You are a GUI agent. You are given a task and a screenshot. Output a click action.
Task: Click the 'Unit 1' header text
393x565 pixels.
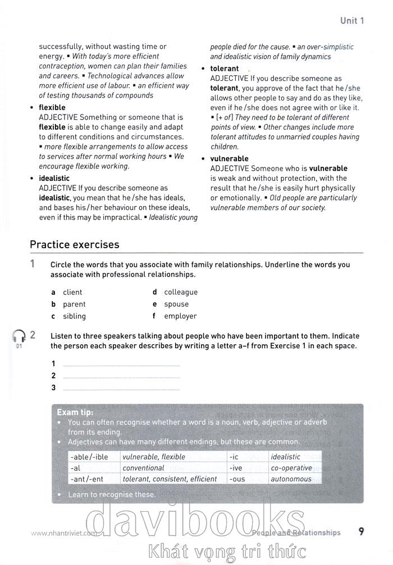click(x=352, y=21)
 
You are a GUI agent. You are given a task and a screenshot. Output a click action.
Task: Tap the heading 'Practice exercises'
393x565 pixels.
click(x=74, y=244)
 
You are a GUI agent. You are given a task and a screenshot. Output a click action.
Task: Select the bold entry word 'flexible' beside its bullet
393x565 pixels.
click(x=52, y=107)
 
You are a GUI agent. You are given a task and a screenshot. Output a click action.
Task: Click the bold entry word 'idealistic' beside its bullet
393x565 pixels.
click(x=54, y=179)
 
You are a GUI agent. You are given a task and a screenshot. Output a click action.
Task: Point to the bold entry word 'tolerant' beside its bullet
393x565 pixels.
click(x=225, y=69)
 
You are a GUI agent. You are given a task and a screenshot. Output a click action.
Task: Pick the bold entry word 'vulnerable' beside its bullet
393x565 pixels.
click(x=229, y=159)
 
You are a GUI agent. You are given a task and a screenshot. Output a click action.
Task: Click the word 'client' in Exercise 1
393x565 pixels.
click(x=72, y=292)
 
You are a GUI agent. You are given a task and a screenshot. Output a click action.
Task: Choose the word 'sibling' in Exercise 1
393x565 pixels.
click(x=74, y=316)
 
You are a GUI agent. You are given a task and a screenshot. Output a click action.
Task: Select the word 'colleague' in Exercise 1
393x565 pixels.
click(x=181, y=292)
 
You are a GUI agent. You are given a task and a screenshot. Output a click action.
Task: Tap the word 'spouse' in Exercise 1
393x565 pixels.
click(x=176, y=304)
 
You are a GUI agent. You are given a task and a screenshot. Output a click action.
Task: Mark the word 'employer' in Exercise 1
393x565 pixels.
click(x=180, y=316)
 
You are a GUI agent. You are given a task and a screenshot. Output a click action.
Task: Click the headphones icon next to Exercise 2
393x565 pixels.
click(x=19, y=336)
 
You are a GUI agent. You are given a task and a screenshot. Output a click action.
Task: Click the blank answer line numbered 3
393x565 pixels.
click(x=121, y=388)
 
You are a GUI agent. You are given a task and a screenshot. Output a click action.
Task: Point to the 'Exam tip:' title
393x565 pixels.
click(x=76, y=412)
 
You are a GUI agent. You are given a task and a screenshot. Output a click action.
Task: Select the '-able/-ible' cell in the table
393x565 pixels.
click(x=89, y=457)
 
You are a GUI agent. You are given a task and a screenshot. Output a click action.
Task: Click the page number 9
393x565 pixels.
click(x=361, y=531)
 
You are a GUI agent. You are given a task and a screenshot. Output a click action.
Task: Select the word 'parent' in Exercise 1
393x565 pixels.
click(x=74, y=304)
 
